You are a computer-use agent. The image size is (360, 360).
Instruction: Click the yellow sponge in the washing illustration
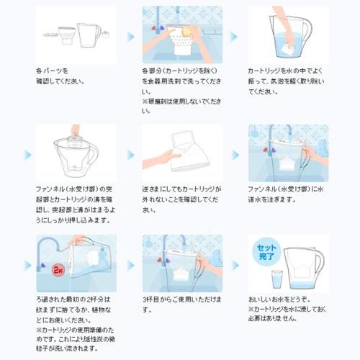(x=189, y=32)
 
